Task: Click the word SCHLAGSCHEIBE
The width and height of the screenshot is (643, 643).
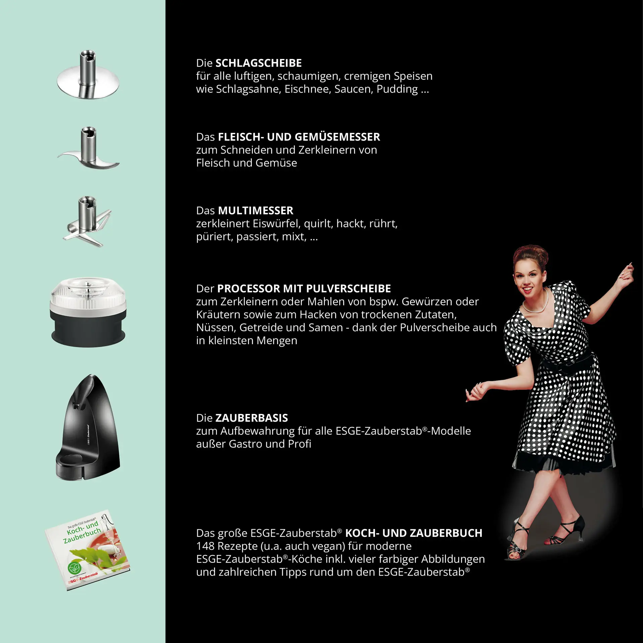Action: [x=258, y=63]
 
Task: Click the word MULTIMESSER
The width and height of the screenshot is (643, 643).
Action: [x=256, y=210]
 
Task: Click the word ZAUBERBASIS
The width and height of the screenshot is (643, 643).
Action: [x=252, y=418]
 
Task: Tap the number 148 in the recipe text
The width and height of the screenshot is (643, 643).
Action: [x=205, y=546]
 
